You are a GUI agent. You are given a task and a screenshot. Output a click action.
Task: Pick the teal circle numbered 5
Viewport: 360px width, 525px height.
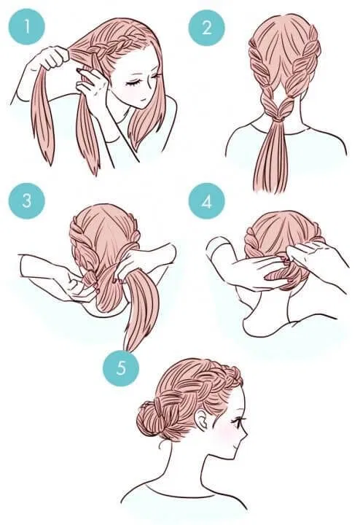120,366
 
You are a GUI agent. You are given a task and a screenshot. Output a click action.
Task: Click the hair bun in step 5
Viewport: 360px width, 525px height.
151,421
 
